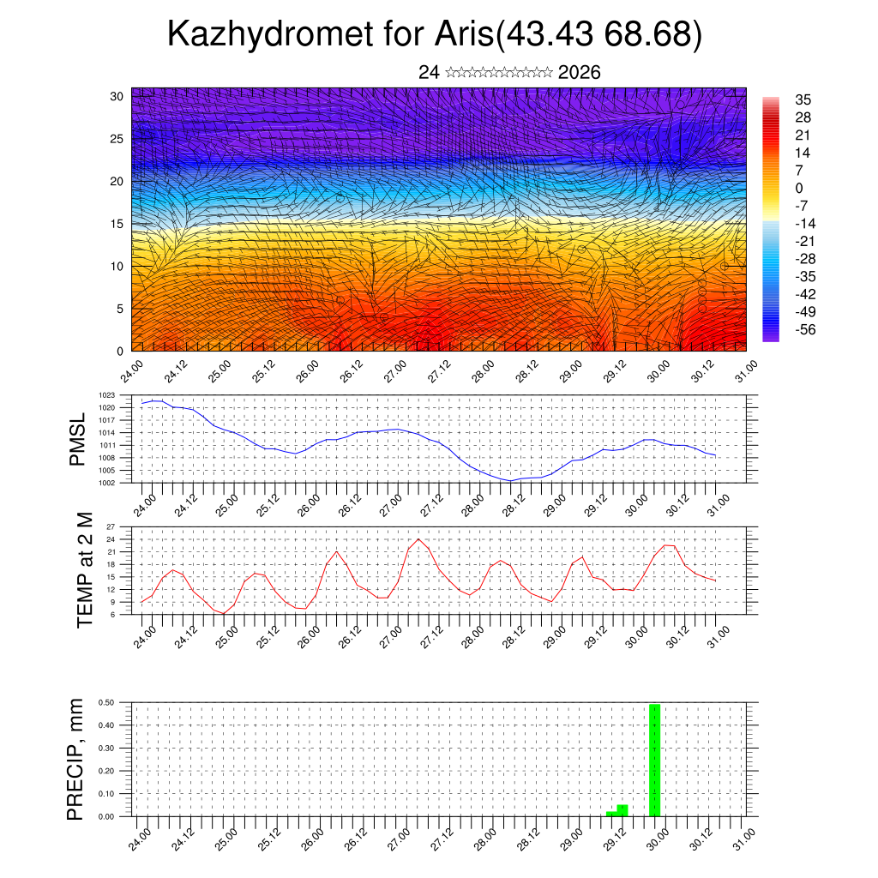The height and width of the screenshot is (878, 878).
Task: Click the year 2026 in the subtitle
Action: (x=579, y=72)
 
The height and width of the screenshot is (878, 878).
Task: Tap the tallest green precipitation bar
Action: (x=654, y=759)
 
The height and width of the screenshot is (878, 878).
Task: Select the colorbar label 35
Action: (x=803, y=99)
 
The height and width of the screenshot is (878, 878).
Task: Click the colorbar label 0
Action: (x=799, y=188)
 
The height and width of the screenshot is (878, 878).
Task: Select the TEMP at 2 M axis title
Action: (x=84, y=572)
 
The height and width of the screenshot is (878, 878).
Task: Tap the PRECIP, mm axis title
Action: (x=76, y=759)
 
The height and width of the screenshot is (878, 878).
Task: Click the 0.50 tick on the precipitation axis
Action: (x=106, y=702)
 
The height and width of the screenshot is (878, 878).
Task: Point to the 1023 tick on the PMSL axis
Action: (x=106, y=395)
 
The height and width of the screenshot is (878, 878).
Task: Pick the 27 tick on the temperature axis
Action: (x=111, y=526)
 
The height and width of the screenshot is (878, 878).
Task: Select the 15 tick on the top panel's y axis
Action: (x=117, y=224)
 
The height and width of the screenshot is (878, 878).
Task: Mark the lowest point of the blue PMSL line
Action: (x=510, y=481)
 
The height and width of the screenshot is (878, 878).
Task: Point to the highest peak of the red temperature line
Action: (x=418, y=539)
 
